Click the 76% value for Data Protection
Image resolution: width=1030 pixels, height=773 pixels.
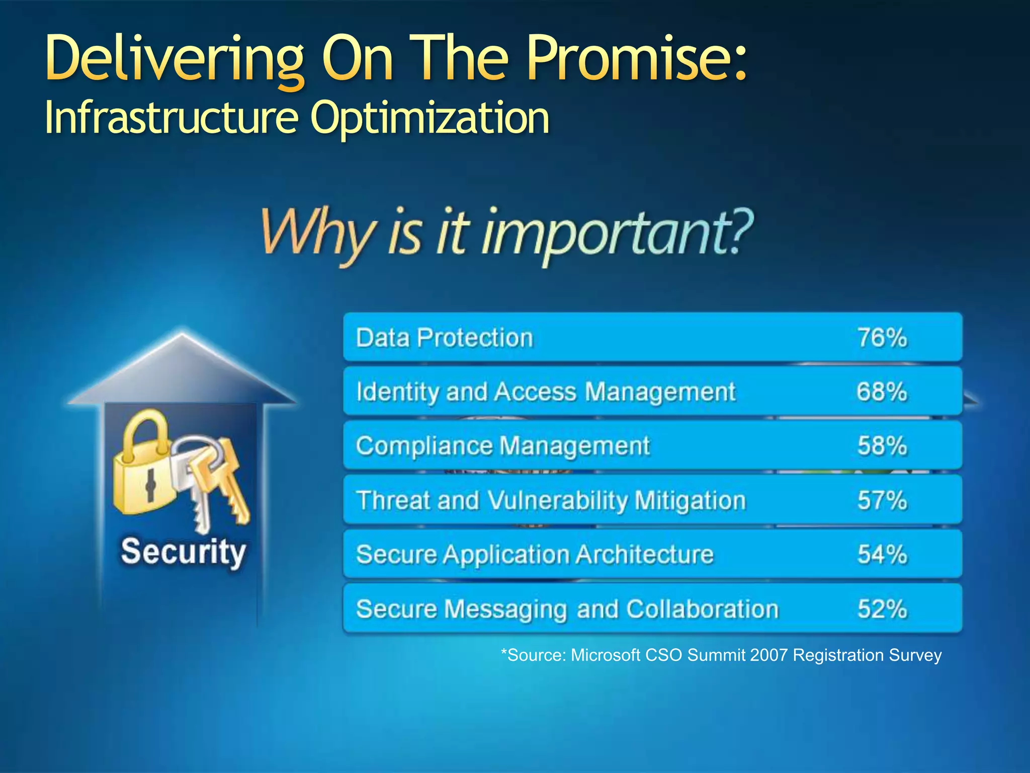(x=882, y=337)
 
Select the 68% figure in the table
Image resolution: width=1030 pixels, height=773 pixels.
(x=882, y=392)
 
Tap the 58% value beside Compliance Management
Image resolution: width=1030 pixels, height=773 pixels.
(x=882, y=446)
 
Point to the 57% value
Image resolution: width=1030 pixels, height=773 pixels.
(x=882, y=500)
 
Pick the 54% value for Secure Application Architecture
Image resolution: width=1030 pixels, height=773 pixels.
(x=882, y=555)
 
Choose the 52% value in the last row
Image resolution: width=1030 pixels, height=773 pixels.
(x=882, y=609)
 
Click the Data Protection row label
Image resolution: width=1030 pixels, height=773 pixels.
(x=444, y=337)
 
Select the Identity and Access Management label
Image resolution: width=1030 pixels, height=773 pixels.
(x=546, y=392)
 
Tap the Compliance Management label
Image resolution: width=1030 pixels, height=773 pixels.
(x=502, y=446)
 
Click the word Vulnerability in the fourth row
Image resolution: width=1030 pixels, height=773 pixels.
(x=558, y=501)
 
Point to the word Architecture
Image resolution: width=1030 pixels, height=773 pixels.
(x=644, y=555)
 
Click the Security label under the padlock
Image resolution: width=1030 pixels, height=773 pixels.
(x=183, y=552)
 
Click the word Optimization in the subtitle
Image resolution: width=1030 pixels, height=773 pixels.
(x=430, y=118)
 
